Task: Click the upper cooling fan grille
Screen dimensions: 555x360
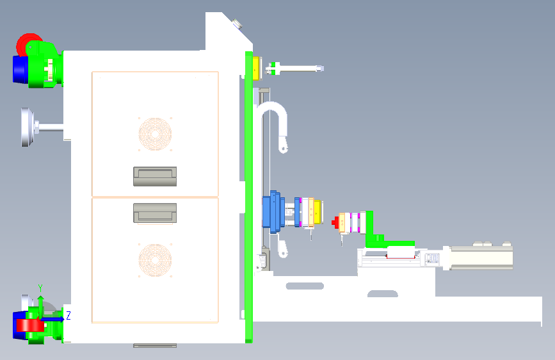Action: [155, 133]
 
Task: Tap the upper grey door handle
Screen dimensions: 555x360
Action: [154, 176]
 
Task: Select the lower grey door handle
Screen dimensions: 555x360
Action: [154, 213]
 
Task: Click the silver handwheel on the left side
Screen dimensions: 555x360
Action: [27, 127]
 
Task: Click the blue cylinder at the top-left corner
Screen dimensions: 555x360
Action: [20, 69]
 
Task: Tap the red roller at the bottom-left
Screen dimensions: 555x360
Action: [29, 325]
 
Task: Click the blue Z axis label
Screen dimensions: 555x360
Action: [68, 315]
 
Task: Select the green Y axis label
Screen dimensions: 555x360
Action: [40, 287]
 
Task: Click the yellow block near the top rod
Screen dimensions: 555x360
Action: [257, 67]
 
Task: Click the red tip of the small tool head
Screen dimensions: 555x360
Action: [335, 222]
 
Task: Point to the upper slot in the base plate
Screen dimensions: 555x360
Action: [304, 286]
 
